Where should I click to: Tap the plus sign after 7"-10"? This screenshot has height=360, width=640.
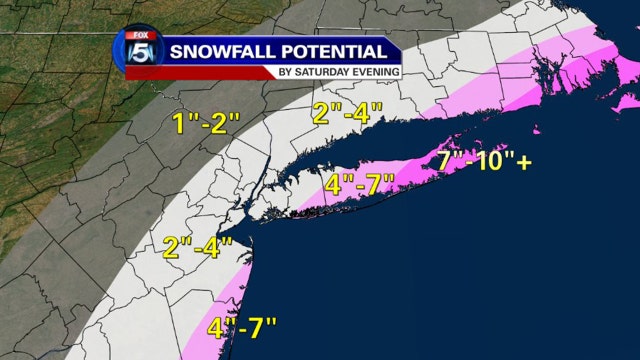[x=525, y=160]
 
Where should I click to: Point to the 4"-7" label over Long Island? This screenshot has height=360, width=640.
[x=361, y=185]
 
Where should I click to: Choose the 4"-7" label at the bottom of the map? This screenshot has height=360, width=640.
[x=241, y=327]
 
